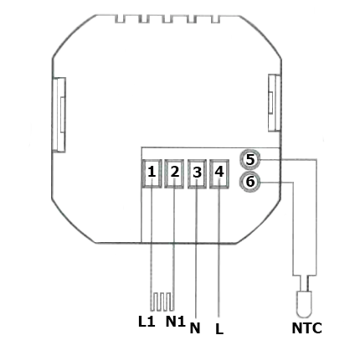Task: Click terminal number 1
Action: coord(152,173)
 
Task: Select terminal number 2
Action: coord(174,173)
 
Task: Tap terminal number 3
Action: coord(197,173)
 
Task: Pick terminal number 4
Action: coord(219,173)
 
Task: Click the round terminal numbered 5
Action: coord(250,160)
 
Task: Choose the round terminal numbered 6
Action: coord(250,182)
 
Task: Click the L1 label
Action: coord(147,322)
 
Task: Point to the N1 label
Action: coord(176,322)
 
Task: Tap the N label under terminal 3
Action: coord(195,328)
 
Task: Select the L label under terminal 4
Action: coord(219,328)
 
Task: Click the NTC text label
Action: coord(306,328)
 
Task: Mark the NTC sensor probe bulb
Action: coord(304,304)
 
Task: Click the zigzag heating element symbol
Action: coord(162,302)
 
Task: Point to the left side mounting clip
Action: coord(59,115)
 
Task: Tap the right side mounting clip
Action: coord(274,103)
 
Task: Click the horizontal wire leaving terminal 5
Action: coord(288,160)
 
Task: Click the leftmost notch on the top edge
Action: coord(120,19)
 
